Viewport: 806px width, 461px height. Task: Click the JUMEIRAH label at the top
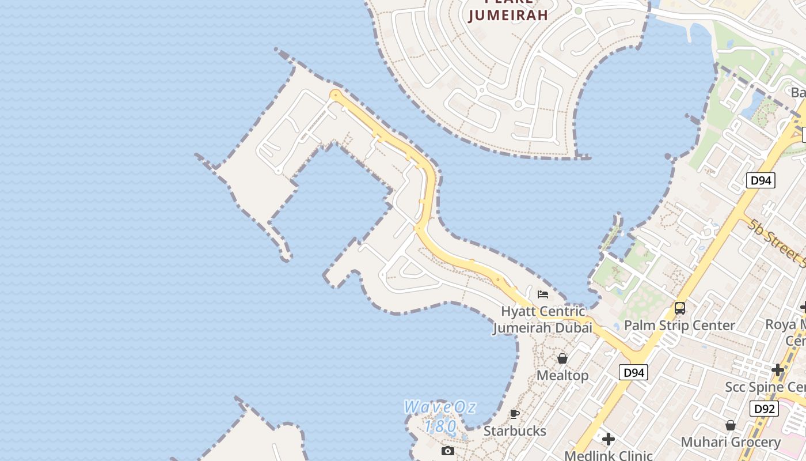[x=508, y=15]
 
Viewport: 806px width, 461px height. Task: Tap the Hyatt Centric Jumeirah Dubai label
[x=542, y=319]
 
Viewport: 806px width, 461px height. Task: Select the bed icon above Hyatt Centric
[x=542, y=294]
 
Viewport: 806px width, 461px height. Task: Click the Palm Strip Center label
[x=679, y=326]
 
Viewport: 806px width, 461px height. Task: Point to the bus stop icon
[x=680, y=308]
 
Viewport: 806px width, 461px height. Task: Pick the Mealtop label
[x=562, y=376]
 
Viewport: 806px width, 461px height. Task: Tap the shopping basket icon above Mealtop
[x=562, y=358]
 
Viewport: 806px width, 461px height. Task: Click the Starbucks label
[x=515, y=431]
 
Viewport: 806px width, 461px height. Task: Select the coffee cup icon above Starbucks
[x=515, y=414]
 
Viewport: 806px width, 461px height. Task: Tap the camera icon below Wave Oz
[x=447, y=451]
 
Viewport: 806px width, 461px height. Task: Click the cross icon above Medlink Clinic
[x=608, y=440]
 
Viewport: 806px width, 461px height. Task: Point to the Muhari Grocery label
[x=731, y=443]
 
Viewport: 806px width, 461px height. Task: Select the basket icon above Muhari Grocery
[x=731, y=425]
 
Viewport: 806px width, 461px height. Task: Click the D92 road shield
[x=764, y=409]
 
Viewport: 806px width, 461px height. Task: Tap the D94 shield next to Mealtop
[x=633, y=373]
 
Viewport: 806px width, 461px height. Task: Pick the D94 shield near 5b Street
[x=761, y=180]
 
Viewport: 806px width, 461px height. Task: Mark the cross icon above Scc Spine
[x=778, y=369]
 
